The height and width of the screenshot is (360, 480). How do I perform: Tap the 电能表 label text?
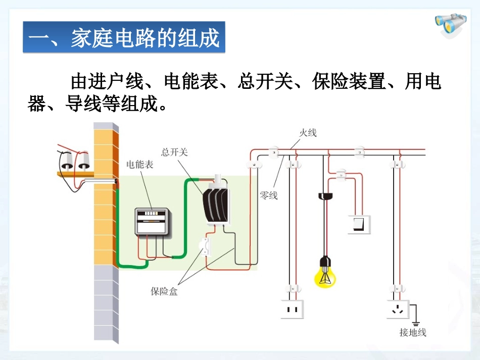click(x=140, y=165)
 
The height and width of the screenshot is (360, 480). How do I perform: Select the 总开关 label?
click(x=174, y=151)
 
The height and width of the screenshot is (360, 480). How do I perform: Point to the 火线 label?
click(x=307, y=133)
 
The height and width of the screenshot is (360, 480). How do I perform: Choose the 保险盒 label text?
click(x=164, y=291)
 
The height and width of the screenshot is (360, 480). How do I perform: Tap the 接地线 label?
click(x=413, y=332)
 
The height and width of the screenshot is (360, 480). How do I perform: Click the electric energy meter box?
click(x=153, y=221)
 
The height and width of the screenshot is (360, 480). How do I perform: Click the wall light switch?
click(x=359, y=224)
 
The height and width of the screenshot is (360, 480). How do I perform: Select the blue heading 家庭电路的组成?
click(x=124, y=38)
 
